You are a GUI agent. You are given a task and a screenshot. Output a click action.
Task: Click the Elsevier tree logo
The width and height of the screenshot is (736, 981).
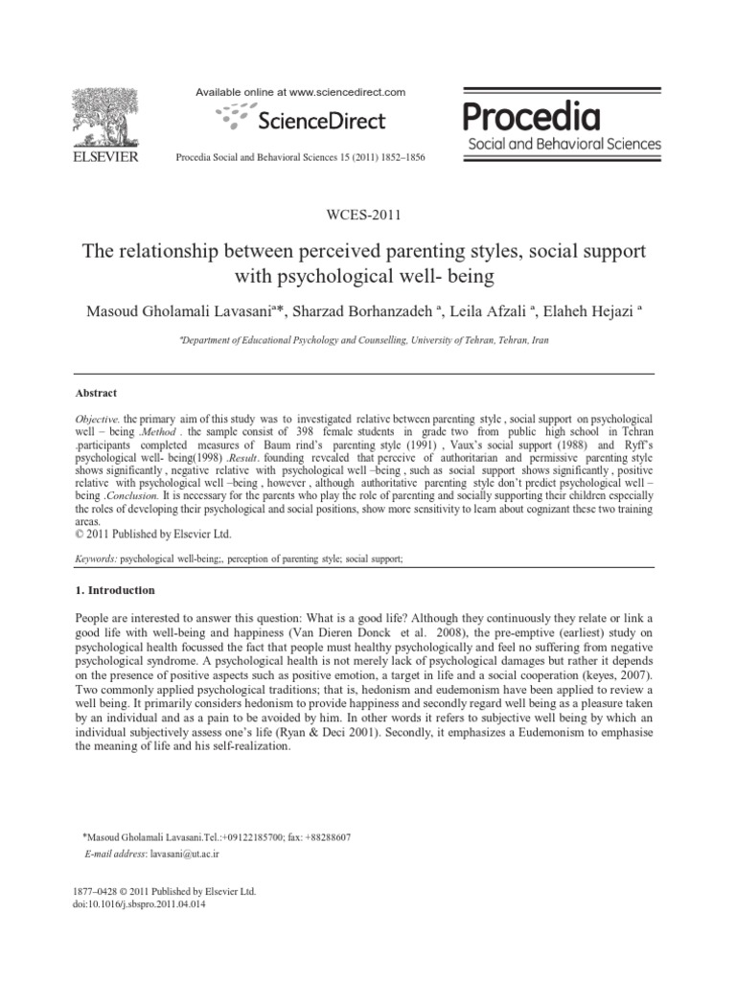[x=104, y=115]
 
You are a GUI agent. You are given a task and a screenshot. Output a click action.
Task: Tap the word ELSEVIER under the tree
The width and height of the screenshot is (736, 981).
[x=104, y=156]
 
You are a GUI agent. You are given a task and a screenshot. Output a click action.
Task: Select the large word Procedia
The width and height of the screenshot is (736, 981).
[x=533, y=118]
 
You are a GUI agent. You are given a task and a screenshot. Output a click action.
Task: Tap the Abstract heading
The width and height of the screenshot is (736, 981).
[x=95, y=393]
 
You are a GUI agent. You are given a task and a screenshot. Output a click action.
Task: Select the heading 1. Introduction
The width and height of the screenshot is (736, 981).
[x=115, y=590]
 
